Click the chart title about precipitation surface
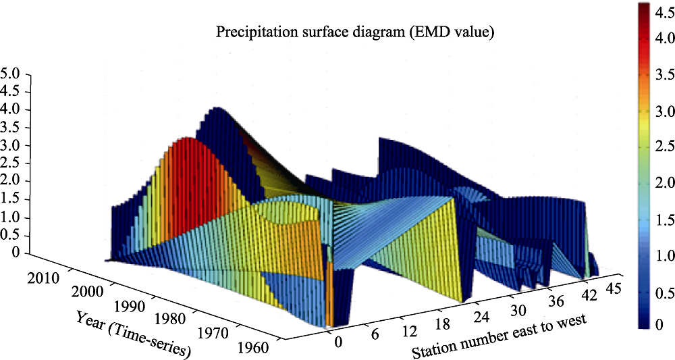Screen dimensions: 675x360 click(355, 32)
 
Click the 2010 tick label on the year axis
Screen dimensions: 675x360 click(43, 278)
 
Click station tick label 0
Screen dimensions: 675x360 click(339, 342)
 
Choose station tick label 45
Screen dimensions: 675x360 click(612, 276)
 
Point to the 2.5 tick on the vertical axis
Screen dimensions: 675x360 click(9, 163)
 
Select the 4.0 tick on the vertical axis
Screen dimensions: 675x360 click(9, 109)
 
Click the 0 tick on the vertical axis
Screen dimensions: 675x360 click(16, 253)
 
